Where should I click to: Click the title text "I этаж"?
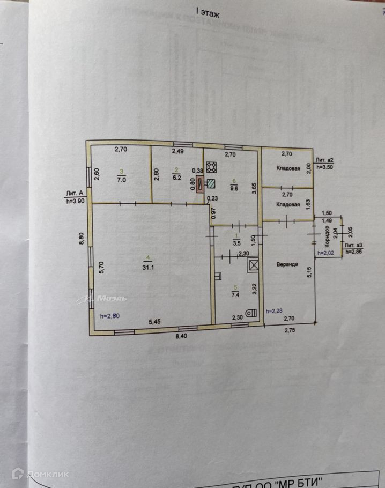[x=207, y=11]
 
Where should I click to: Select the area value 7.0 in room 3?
[x=122, y=181]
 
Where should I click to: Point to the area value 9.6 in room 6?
[x=234, y=187]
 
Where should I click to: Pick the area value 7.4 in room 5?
[x=235, y=294]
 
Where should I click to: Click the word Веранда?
[x=287, y=264]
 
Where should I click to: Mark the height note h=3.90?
[x=76, y=202]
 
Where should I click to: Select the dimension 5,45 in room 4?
[x=154, y=321]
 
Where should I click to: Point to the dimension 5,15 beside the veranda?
[x=309, y=273]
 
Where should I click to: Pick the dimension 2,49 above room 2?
[x=177, y=151]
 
